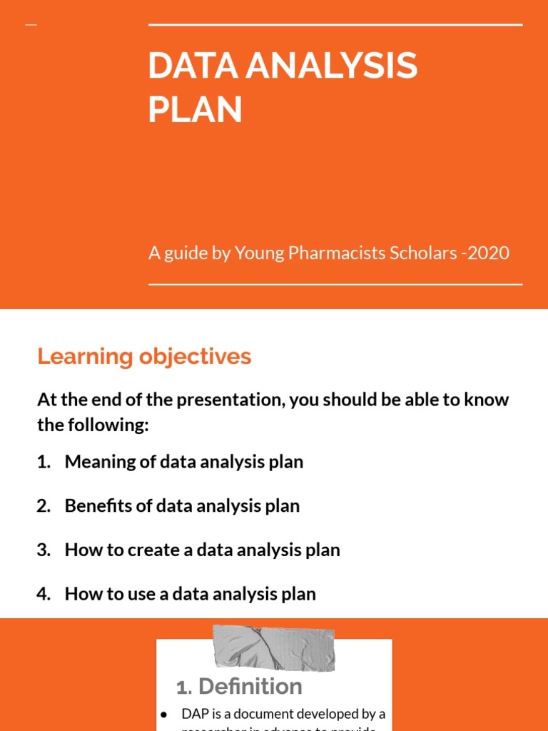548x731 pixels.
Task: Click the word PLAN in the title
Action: tap(195, 111)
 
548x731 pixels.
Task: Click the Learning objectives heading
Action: tap(144, 356)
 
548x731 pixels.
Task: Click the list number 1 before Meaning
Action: tap(42, 462)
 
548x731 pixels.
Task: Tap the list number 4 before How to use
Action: tap(43, 594)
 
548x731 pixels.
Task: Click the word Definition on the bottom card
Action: tap(250, 687)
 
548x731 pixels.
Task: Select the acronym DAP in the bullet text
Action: tap(196, 714)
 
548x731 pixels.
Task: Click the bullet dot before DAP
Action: tap(164, 714)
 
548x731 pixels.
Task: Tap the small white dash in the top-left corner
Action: tap(31, 25)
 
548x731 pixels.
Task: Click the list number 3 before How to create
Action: tap(43, 550)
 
